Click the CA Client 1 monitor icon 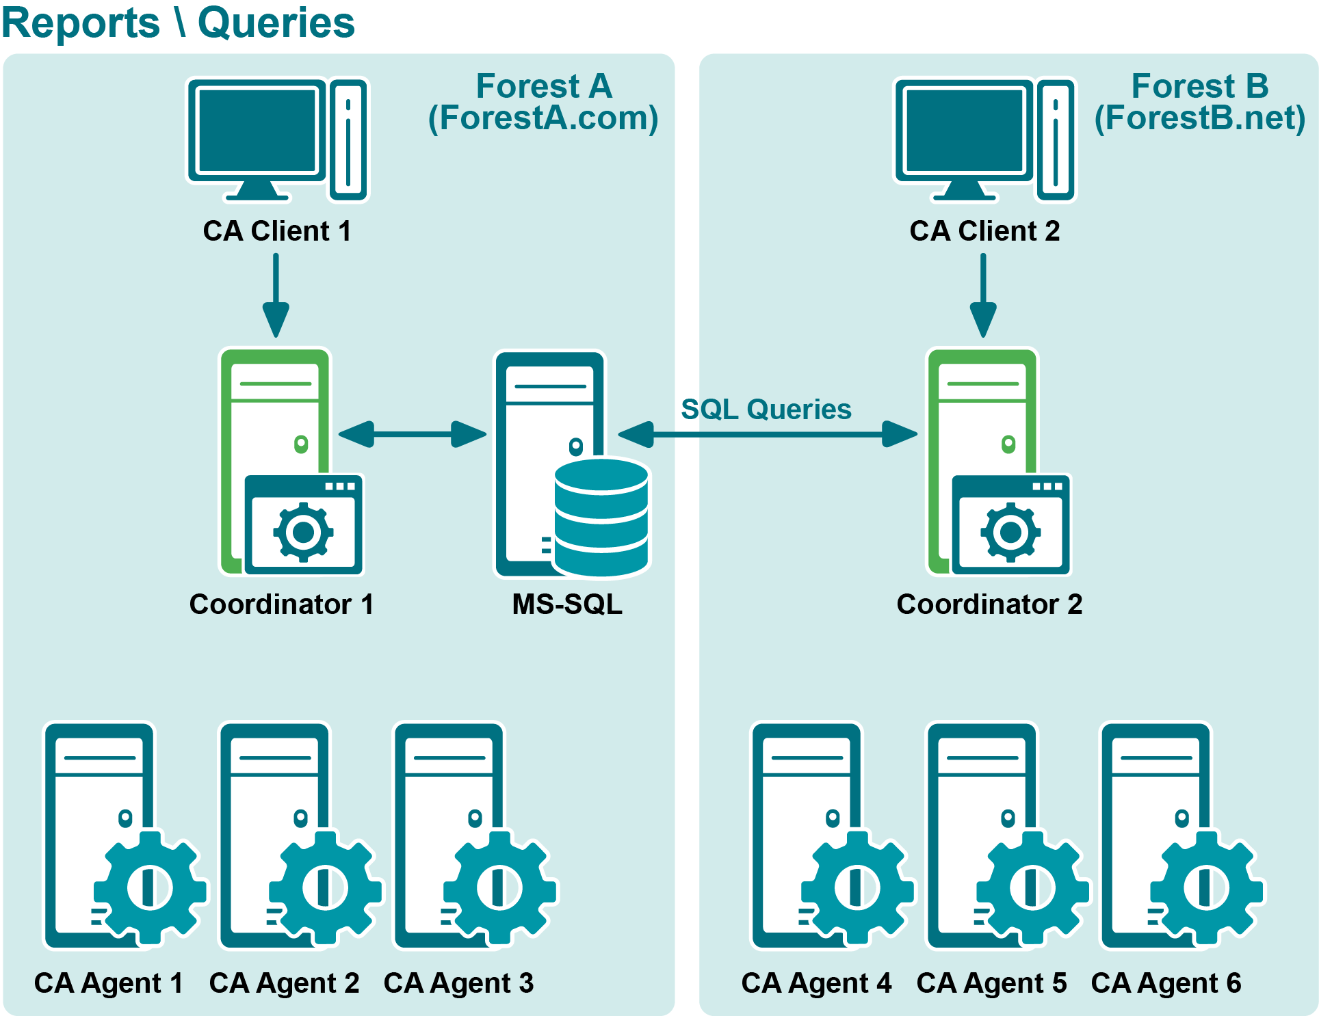click(x=257, y=133)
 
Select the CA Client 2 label click(x=984, y=231)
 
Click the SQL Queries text click(x=766, y=410)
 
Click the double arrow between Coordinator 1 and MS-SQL click(x=412, y=434)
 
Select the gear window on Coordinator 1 click(x=304, y=525)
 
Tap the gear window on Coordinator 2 click(x=1011, y=525)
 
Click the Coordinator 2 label click(x=989, y=604)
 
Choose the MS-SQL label click(x=567, y=604)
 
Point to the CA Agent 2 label click(x=284, y=983)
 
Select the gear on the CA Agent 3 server click(x=500, y=887)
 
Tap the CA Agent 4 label click(x=816, y=983)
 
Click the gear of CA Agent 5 click(x=1032, y=887)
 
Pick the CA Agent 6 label click(x=1166, y=983)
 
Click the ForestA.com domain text click(x=543, y=118)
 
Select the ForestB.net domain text click(x=1199, y=118)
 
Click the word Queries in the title click(x=276, y=23)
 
